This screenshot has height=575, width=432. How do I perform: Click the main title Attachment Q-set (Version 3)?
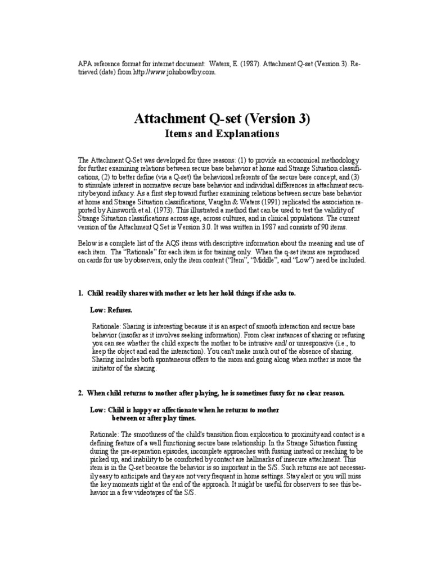click(221, 119)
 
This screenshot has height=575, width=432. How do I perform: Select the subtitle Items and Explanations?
click(221, 134)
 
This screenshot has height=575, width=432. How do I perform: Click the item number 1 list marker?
click(81, 294)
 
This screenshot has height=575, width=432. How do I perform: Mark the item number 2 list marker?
click(81, 394)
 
